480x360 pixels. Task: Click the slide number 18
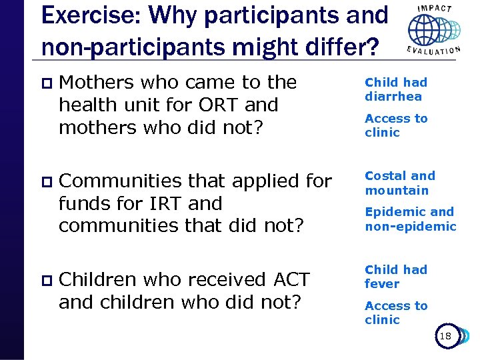point(445,337)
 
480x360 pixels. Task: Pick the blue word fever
point(382,284)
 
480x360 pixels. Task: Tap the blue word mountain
point(397,191)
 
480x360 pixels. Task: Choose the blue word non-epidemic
point(411,227)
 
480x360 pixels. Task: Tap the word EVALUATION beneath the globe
point(434,51)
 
